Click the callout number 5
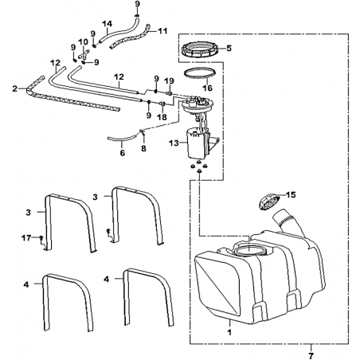pos(229,48)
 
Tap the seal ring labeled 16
pos(200,73)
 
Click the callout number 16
pos(208,88)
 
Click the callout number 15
pos(291,195)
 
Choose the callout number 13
pos(174,143)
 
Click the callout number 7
pos(311,354)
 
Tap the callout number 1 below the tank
pos(230,332)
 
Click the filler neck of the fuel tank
pos(288,222)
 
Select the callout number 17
pos(26,238)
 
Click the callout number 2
pos(14,88)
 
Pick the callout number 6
pos(123,153)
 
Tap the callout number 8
pos(143,148)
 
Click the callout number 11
pos(162,31)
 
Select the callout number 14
pos(108,24)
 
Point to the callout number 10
pos(83,41)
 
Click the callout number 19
pos(169,80)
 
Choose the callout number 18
pos(162,117)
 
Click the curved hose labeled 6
pos(123,138)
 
